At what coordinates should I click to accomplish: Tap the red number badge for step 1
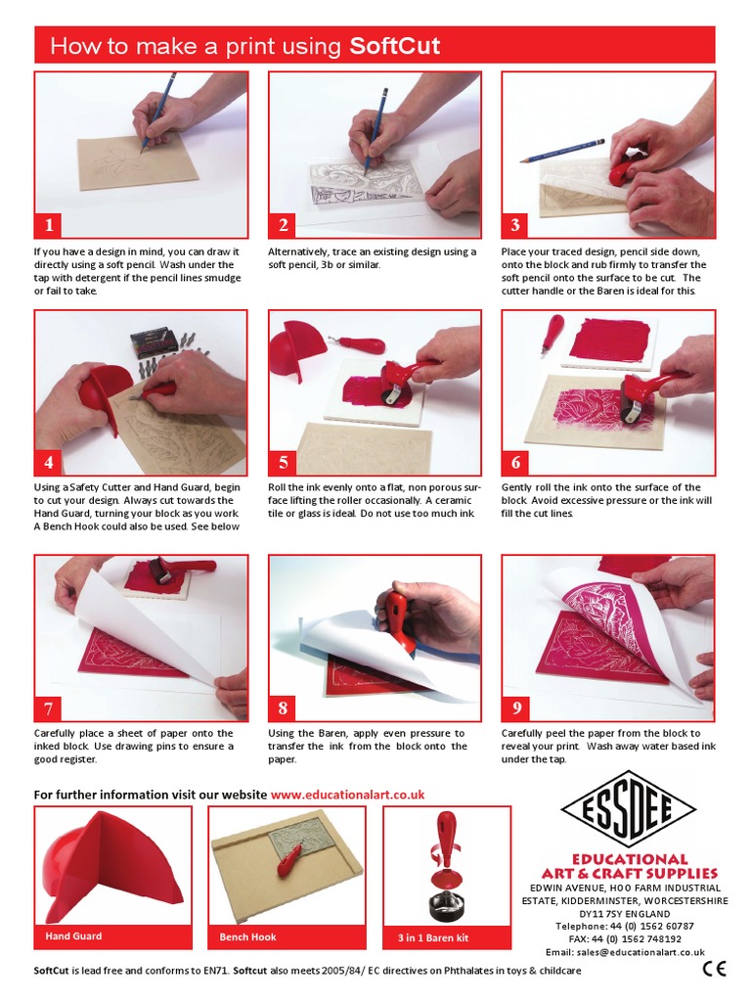click(49, 225)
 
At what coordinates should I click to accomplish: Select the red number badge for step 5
click(283, 462)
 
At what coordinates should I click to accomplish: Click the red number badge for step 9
click(516, 707)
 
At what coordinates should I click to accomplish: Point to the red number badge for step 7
click(49, 707)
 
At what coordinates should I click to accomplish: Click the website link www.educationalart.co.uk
click(347, 795)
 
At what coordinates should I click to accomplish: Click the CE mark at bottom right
click(714, 970)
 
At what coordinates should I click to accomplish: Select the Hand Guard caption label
click(73, 936)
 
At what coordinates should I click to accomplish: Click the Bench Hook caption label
click(247, 936)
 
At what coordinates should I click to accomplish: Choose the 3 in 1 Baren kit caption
click(432, 937)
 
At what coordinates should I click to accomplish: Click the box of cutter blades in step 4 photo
click(154, 342)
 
